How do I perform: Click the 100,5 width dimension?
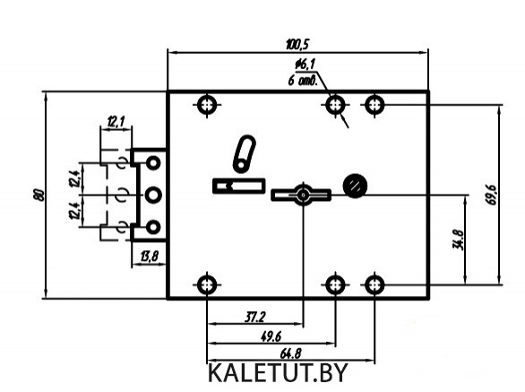point(298,44)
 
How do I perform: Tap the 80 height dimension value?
point(39,196)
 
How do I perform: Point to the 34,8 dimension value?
point(458,240)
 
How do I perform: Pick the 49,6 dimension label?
point(271,336)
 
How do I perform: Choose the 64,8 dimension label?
point(290,353)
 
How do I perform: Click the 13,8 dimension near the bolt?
point(149,257)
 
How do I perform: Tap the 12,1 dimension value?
point(116,121)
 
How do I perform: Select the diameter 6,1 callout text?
point(305,65)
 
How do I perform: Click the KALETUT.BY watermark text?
point(278,373)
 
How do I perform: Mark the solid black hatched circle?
point(355,186)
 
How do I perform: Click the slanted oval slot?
point(244,153)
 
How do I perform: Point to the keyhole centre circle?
point(304,195)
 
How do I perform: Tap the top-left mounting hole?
point(207,105)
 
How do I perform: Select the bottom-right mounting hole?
point(374,285)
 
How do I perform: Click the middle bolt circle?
point(153,196)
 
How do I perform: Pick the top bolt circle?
point(153,163)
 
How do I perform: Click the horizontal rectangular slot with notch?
point(239,186)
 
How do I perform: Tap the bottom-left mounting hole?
point(207,285)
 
